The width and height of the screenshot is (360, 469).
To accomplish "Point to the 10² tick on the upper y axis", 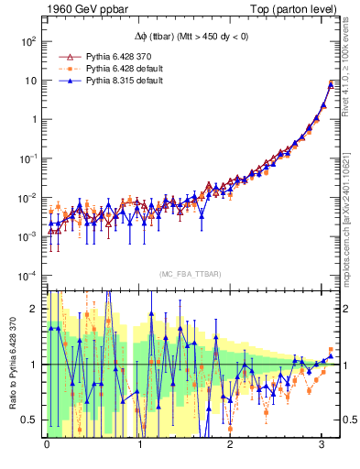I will [x=28, y=41].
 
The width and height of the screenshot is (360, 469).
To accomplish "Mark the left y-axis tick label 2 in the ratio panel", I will [x=36, y=309].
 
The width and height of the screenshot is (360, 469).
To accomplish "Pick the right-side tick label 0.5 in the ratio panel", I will [x=348, y=420].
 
